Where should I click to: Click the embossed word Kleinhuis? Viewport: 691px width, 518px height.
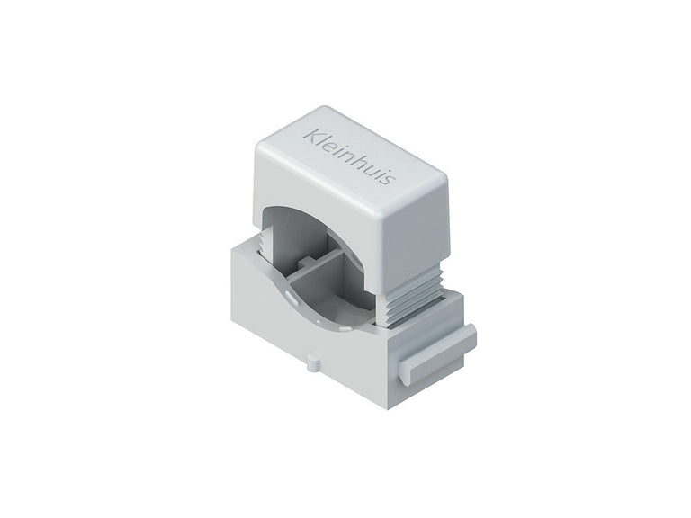[345, 161]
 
